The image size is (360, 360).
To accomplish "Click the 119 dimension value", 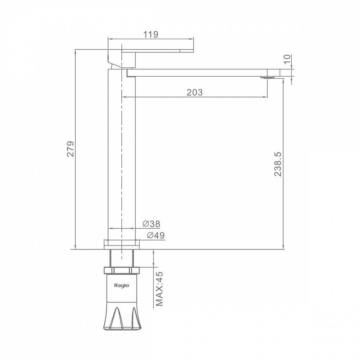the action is (151, 35).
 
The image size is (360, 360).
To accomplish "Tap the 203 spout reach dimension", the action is (195, 92).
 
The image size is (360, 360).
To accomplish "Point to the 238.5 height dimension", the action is (278, 164).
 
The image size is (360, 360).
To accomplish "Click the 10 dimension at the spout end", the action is (287, 59).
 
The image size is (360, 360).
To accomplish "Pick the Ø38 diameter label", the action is (151, 224).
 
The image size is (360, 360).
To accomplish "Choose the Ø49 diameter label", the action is (156, 235).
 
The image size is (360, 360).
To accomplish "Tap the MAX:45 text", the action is (159, 289).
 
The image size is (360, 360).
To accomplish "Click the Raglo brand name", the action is (122, 285).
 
